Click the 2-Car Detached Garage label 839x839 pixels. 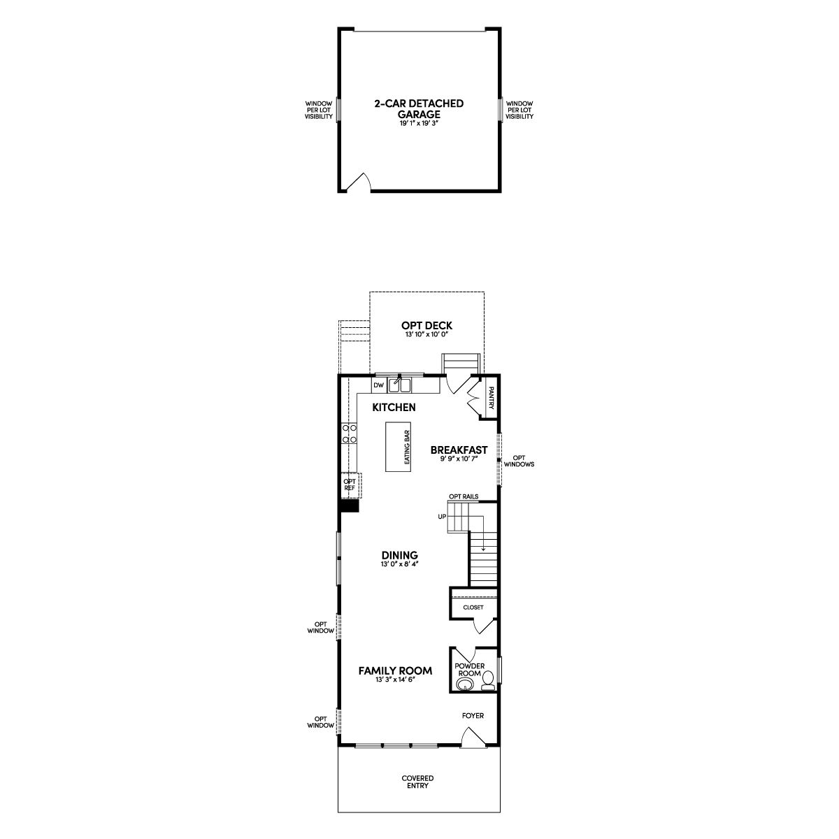[x=419, y=109]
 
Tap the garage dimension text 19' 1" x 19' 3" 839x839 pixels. [x=419, y=124]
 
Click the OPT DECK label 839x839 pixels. [x=426, y=325]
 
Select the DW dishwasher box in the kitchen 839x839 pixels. [x=378, y=385]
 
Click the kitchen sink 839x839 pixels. [x=399, y=385]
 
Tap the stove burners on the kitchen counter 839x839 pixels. [x=349, y=433]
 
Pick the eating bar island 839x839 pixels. [x=399, y=446]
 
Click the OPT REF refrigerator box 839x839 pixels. [x=350, y=485]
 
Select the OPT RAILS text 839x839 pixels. [x=464, y=496]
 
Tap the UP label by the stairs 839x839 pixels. [x=442, y=517]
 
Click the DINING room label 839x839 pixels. [x=400, y=555]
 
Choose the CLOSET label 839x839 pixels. [x=473, y=607]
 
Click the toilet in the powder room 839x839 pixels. [x=489, y=681]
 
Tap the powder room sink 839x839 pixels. [x=466, y=685]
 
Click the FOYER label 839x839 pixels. [x=473, y=715]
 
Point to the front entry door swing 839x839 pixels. [x=473, y=737]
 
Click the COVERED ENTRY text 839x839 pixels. [x=417, y=794]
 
